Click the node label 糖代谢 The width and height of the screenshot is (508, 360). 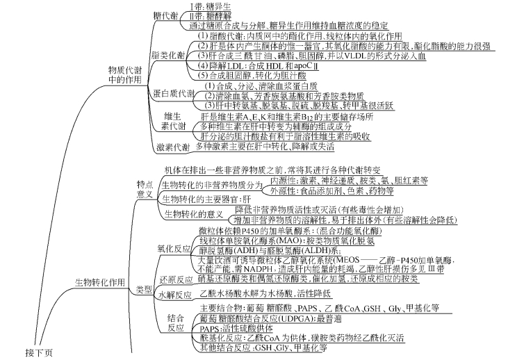tap(165, 16)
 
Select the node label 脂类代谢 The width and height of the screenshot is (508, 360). tap(169, 55)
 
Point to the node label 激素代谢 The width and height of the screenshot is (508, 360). tap(173, 147)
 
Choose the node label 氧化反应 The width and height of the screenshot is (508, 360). tap(173, 247)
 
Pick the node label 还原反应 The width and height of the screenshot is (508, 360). tap(173, 279)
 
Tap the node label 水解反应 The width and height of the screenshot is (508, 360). tap(173, 295)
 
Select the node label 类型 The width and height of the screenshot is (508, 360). tap(144, 289)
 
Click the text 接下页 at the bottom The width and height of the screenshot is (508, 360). tap(40, 352)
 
